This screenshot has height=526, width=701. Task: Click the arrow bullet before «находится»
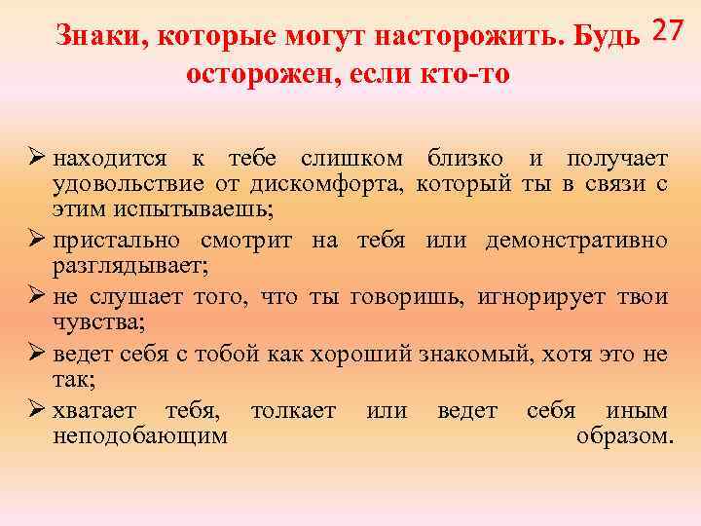pos(38,158)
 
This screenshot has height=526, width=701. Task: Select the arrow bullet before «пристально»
pos(38,240)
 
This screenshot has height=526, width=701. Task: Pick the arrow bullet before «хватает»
pos(38,410)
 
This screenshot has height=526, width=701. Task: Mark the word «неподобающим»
pos(140,435)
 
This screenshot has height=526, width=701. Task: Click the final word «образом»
pos(623,435)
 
